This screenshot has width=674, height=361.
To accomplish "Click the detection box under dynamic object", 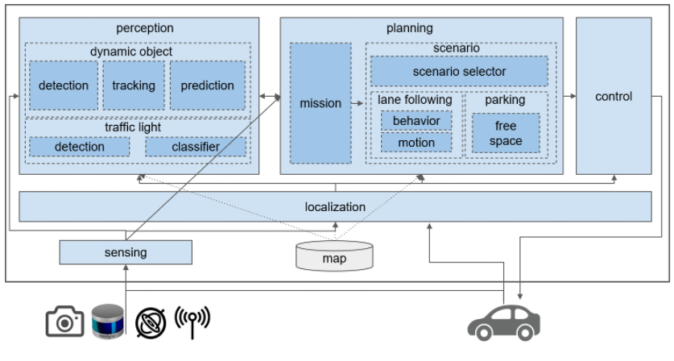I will click(x=64, y=85).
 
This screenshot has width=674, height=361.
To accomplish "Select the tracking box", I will click(x=133, y=85).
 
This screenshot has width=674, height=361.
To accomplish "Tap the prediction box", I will click(x=207, y=85).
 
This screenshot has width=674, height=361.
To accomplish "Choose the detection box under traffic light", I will click(x=79, y=147).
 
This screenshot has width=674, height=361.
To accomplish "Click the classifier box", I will click(x=195, y=147).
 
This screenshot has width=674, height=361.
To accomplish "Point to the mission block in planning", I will click(x=320, y=103).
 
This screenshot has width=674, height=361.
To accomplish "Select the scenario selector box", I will click(x=459, y=72).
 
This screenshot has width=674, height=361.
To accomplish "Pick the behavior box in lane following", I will click(x=416, y=121).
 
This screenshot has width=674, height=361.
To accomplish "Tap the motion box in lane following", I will click(x=416, y=143).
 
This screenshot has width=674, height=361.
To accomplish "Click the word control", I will click(x=614, y=97).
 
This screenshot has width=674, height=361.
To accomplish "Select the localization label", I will click(x=335, y=207).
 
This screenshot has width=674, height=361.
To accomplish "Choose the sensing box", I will click(x=126, y=253).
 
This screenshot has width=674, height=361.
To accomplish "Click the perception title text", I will click(x=139, y=28).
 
